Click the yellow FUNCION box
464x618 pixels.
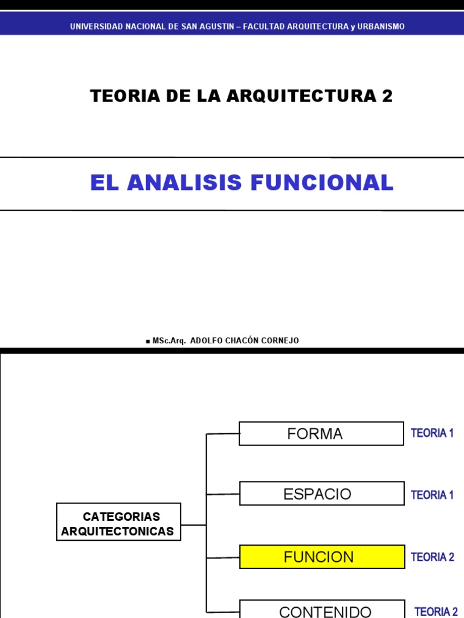pos(322,556)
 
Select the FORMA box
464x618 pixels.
pos(321,433)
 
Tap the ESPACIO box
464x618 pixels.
pos(321,494)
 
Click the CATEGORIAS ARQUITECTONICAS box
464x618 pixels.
pos(118,522)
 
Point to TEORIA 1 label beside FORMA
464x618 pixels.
pos(432,433)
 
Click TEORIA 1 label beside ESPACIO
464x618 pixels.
pos(432,495)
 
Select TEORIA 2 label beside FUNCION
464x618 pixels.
pos(433,557)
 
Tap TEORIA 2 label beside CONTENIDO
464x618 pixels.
pos(436,612)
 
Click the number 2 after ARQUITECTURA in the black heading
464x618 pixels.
pos(387,96)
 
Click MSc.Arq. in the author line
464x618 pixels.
pos(170,340)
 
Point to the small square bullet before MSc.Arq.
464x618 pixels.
pos(147,342)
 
